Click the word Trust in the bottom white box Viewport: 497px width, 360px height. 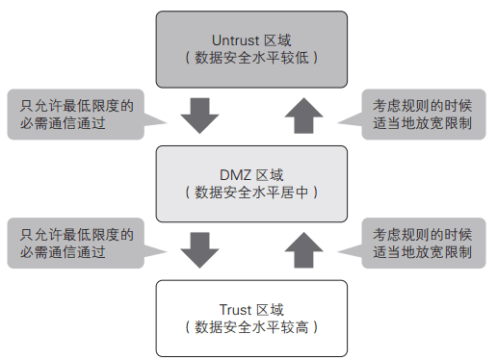point(235,309)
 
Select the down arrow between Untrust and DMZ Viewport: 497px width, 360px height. point(200,115)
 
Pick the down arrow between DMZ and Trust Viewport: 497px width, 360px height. point(200,249)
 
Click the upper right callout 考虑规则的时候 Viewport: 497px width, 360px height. point(421,103)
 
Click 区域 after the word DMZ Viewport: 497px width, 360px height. point(271,175)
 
